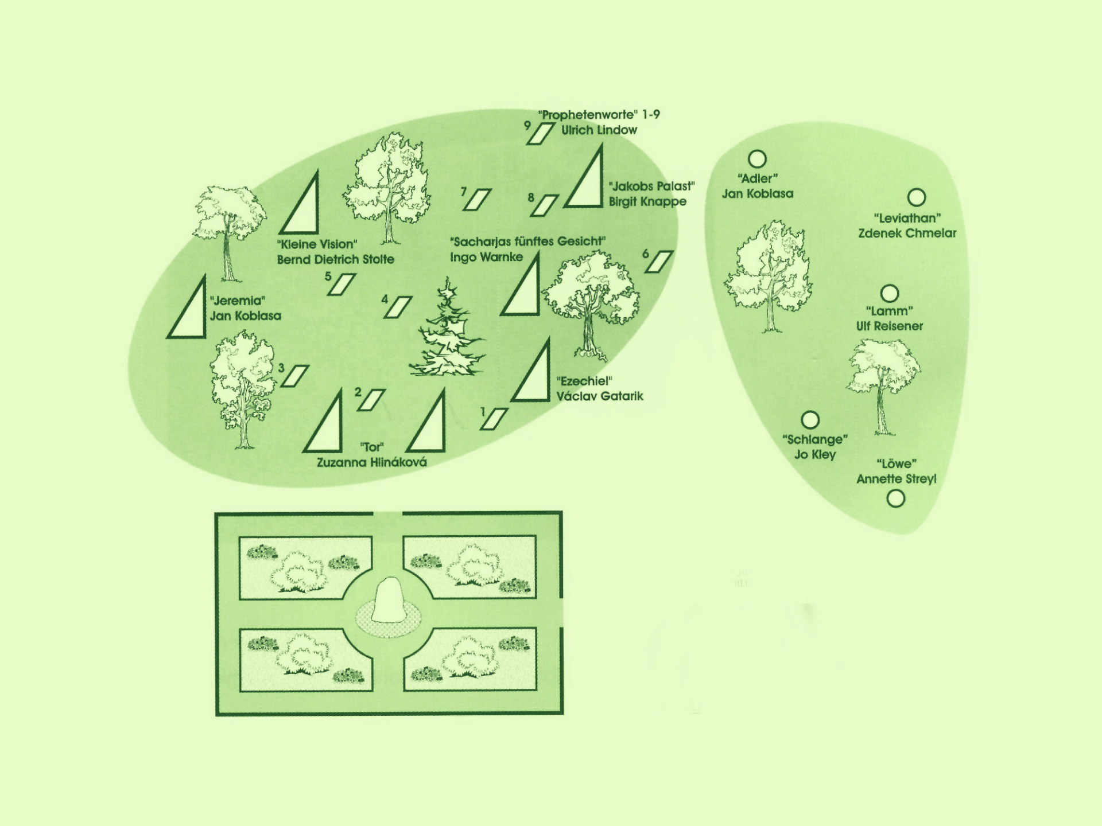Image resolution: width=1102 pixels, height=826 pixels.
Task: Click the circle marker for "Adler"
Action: tap(757, 159)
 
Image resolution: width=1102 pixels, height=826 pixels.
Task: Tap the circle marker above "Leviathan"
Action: tap(917, 197)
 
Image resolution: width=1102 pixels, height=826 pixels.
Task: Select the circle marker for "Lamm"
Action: tap(890, 293)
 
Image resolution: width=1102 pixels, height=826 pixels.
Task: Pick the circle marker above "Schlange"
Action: tap(810, 420)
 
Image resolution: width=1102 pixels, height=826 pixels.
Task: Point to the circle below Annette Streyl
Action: tap(895, 498)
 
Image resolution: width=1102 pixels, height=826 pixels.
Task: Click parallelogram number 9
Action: tap(540, 134)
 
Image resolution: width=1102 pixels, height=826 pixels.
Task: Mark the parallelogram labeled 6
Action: tap(659, 262)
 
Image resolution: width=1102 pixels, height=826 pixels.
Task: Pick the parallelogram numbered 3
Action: tap(295, 376)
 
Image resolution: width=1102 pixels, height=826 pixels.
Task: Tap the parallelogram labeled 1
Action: tap(494, 419)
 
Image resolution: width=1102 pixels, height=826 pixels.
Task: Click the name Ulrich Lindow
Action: tap(599, 130)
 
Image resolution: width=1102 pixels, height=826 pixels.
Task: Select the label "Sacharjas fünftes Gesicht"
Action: tap(527, 241)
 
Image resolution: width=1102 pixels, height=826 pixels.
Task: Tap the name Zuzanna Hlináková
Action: tap(372, 462)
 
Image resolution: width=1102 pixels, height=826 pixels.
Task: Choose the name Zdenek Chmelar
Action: tap(907, 233)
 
